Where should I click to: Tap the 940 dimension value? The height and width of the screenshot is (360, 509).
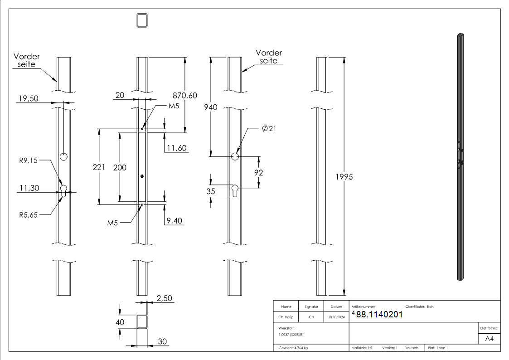coord(211,107)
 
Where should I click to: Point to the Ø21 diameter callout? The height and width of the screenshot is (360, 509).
coord(269,129)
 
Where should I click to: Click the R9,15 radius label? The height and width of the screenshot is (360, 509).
coord(28,160)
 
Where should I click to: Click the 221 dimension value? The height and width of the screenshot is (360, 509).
coord(98,167)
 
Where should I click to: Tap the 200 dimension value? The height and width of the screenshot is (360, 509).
coord(120,167)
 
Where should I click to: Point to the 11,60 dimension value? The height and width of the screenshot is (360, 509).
coord(177,148)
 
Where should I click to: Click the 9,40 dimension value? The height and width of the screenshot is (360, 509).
coord(175,221)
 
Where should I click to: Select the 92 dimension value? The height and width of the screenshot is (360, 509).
coord(258,173)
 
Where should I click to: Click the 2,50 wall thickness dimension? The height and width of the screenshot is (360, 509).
coord(164,298)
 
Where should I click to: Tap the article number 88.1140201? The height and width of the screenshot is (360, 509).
coord(379,315)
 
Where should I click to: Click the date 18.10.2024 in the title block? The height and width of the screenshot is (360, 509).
coord(336,317)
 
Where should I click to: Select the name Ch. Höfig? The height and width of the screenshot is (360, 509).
coord(286,317)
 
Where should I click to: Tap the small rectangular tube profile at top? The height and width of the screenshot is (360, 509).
coord(142,20)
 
